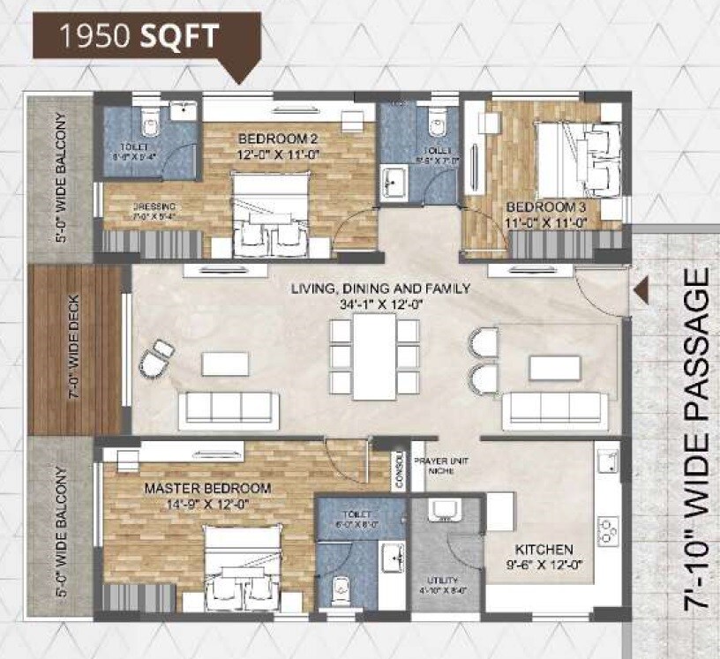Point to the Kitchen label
(x=552, y=549)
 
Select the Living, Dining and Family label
(x=382, y=288)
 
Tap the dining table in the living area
(x=374, y=356)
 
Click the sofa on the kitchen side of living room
(x=552, y=408)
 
